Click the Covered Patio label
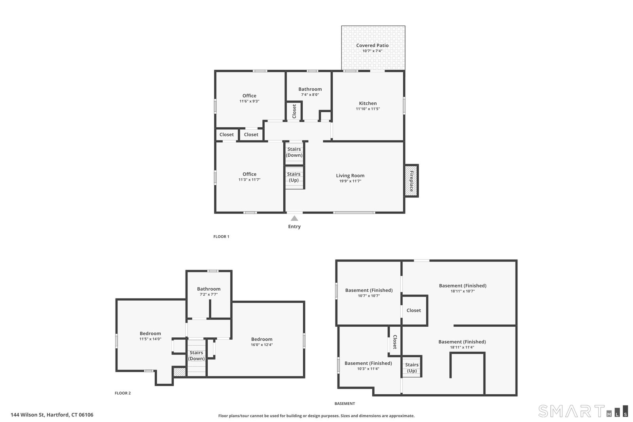point(372,45)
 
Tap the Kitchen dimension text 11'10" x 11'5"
point(368,109)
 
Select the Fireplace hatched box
point(411,181)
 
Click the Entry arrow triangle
point(294,218)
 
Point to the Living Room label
point(350,176)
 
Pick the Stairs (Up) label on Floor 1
point(294,177)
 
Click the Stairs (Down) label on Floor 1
point(294,152)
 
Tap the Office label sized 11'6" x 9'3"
point(249,96)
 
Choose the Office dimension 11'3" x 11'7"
point(249,180)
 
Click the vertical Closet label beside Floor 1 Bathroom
point(294,111)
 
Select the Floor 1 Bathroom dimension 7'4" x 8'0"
point(310,95)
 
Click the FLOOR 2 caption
point(123,393)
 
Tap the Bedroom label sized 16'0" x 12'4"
point(262,339)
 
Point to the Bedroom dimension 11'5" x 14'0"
point(150,339)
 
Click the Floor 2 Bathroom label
point(208,289)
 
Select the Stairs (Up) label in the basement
point(412,368)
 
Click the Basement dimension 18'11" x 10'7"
point(462,291)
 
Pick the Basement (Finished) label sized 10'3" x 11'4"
point(368,363)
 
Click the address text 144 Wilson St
point(28,414)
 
